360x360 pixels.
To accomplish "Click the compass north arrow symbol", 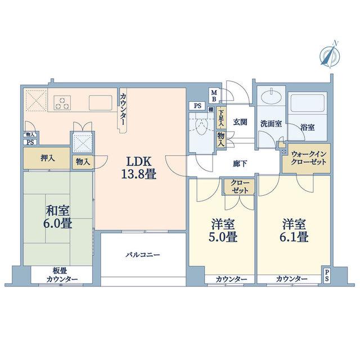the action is [330, 55].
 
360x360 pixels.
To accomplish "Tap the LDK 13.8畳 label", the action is [139, 168].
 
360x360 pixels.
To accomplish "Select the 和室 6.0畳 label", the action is [58, 217].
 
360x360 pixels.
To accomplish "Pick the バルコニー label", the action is [143, 255].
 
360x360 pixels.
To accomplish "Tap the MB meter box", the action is [214, 96].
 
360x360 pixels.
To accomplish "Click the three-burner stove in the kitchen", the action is [62, 102].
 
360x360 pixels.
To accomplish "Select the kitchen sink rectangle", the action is [101, 102].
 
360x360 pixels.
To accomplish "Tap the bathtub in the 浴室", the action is [308, 102].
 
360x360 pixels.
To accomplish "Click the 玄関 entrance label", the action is [240, 122].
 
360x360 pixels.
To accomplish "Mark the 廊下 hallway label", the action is [240, 164].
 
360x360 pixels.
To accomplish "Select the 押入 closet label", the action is [48, 158].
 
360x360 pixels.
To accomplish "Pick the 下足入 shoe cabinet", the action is [221, 118].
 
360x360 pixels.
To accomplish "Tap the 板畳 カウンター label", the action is [62, 275].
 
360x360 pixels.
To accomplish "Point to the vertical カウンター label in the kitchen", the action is [123, 109].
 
